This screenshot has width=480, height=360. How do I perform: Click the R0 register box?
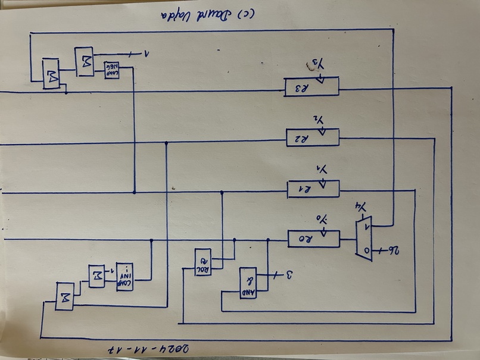click(x=313, y=239)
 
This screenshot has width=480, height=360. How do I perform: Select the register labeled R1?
click(x=313, y=189)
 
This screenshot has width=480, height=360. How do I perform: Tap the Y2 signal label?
click(x=322, y=119)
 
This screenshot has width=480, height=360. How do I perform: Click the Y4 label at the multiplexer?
click(x=361, y=206)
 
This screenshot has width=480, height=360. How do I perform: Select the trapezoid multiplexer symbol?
click(x=364, y=238)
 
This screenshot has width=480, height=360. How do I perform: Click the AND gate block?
click(x=248, y=283)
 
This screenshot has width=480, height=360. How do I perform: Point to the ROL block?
click(x=203, y=262)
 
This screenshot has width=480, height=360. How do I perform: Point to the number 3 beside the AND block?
click(x=290, y=276)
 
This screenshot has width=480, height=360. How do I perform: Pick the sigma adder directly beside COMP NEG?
click(x=83, y=61)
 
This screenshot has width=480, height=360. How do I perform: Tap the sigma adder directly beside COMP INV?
click(x=96, y=276)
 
